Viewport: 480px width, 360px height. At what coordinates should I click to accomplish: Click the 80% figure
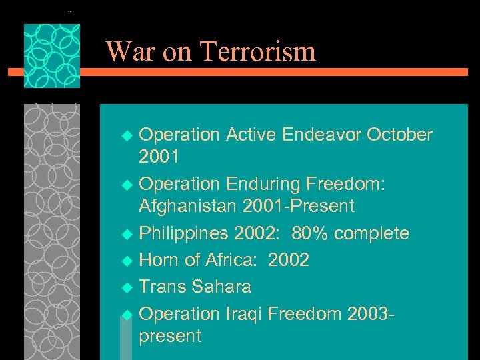coord(309,233)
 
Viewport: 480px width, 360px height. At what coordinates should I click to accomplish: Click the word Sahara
coord(221,287)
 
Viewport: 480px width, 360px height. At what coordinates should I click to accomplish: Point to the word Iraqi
coord(248,313)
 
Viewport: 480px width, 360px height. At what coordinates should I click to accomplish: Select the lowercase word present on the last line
coord(170,336)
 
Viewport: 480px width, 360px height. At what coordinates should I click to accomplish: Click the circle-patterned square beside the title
coord(52,57)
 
